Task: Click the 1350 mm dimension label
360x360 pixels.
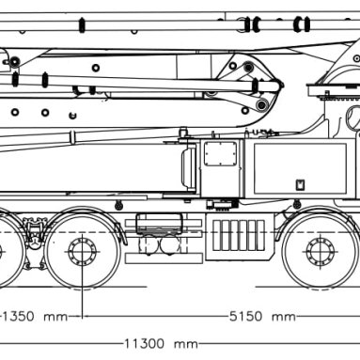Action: point(35,317)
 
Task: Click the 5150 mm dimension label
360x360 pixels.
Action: point(262,317)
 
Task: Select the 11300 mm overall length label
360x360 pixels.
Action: point(162,344)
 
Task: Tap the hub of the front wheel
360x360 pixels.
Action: point(321,252)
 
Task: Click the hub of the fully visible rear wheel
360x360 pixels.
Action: point(82,252)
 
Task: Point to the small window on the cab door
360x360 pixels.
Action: point(221,153)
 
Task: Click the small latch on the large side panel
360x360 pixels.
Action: point(300,184)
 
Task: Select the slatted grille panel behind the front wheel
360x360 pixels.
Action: point(239,235)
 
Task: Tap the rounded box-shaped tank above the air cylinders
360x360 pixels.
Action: point(159,222)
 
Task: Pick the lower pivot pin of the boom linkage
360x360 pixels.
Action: point(262,104)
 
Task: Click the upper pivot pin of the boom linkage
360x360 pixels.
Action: point(248,67)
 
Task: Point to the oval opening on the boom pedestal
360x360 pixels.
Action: point(353,117)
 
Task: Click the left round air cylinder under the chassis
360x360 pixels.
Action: point(148,245)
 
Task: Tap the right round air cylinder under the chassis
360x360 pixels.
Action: point(170,245)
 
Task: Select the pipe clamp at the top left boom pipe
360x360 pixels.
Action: point(82,25)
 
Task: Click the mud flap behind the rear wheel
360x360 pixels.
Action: point(120,233)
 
